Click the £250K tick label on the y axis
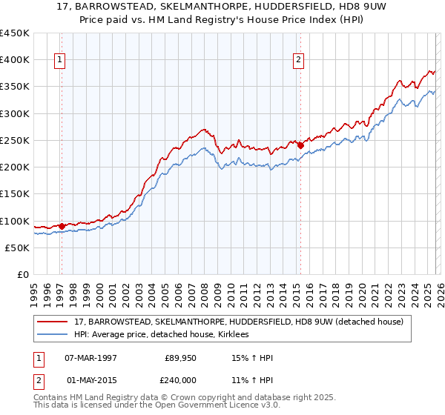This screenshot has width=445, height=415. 15,140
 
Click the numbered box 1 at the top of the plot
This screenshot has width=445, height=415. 60,61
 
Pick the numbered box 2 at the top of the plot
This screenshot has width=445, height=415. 299,61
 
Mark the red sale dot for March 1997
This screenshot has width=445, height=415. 62,226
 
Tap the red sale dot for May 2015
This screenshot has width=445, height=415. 300,146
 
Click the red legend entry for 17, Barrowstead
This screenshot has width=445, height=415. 238,322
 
